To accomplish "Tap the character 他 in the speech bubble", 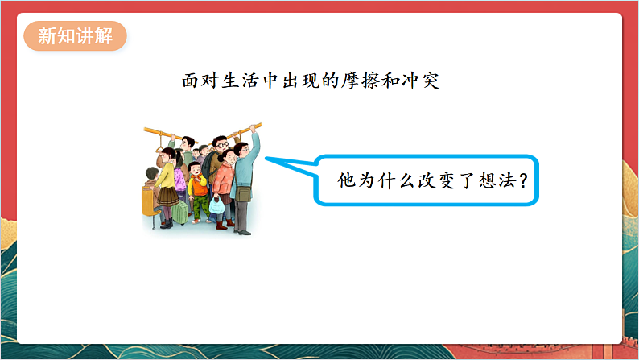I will tap(346, 181).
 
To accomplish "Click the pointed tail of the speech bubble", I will tap(274, 162).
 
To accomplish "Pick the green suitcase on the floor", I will tap(181, 212).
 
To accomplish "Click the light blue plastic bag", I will tap(216, 205).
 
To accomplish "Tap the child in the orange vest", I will tap(197, 186).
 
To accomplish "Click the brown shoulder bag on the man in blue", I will tap(244, 193).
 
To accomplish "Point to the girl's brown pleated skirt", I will tap(167, 195).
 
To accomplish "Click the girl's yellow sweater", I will tap(165, 175).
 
